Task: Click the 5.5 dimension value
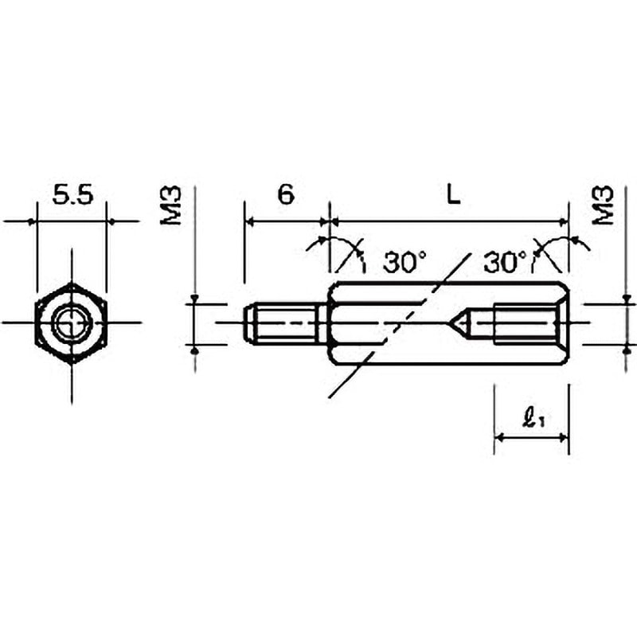(x=73, y=194)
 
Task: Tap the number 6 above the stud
(x=286, y=194)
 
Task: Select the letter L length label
(x=453, y=194)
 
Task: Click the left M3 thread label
(x=170, y=205)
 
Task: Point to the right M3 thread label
(x=603, y=205)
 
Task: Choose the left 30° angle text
(x=404, y=262)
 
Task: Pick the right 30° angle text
(x=506, y=262)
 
